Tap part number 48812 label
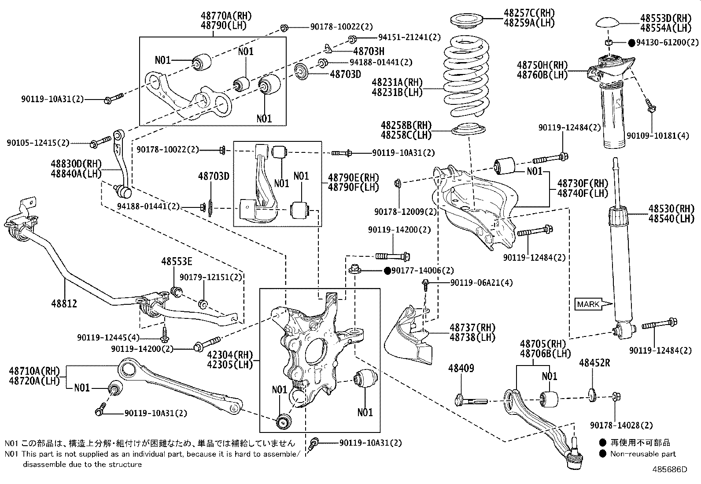tap(65, 303)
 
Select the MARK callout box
tap(588, 304)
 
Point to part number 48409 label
tap(461, 368)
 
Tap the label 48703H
tap(369, 51)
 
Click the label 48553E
tap(177, 262)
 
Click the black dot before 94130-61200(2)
tap(632, 43)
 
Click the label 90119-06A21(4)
tap(481, 283)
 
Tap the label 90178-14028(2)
tap(621, 425)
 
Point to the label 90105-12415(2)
tap(38, 143)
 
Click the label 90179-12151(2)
tap(211, 277)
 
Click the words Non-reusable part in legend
tap(643, 454)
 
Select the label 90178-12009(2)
tap(406, 212)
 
